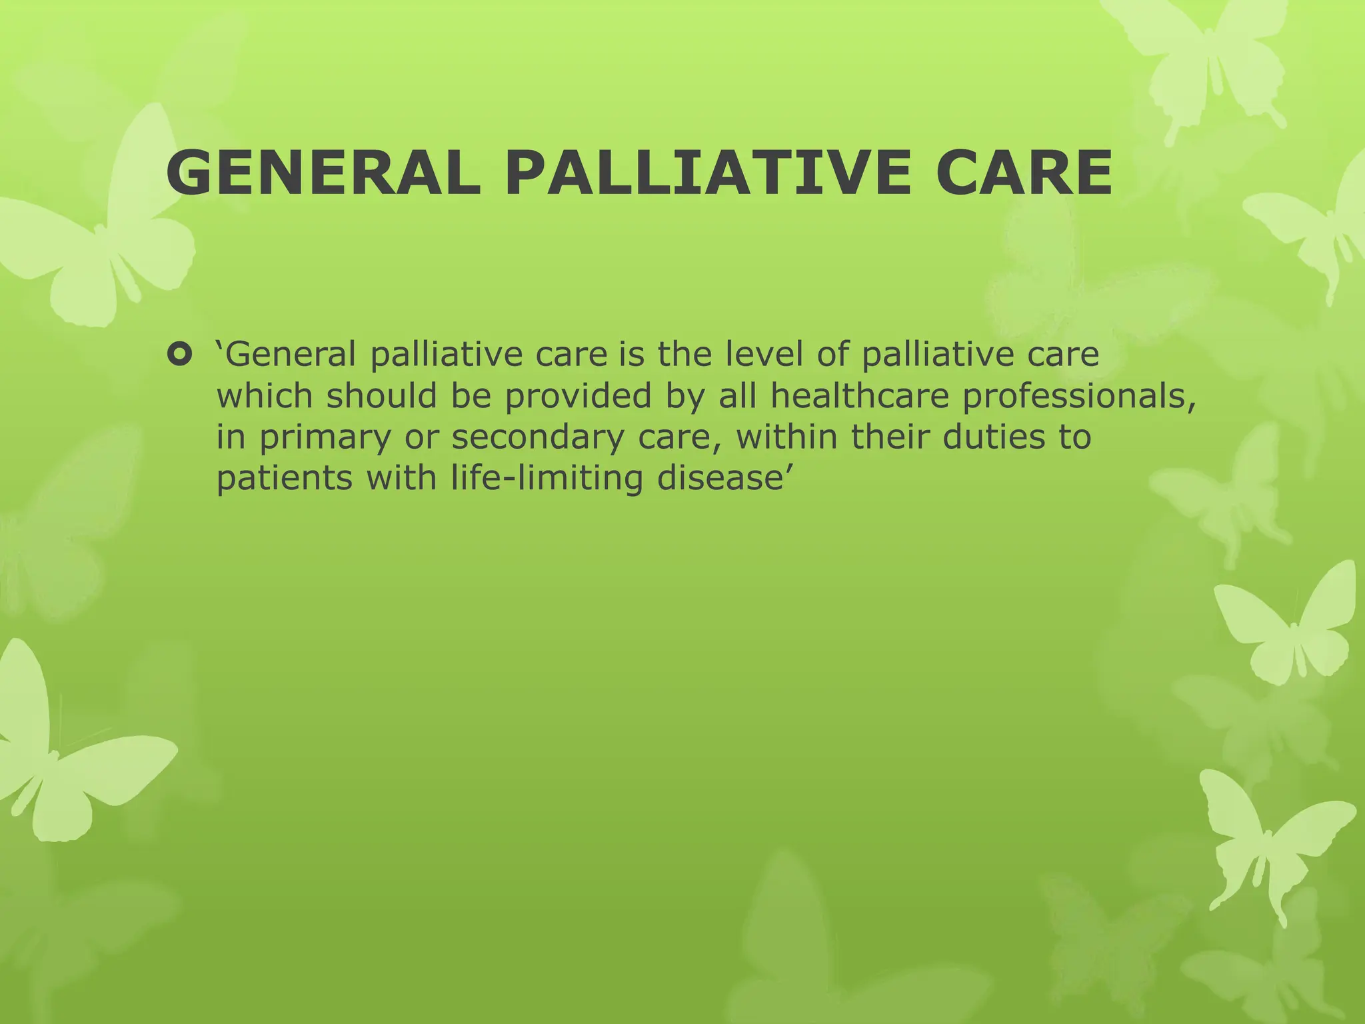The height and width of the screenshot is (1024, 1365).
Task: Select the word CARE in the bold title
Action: click(1023, 173)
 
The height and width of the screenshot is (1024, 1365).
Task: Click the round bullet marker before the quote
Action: click(179, 354)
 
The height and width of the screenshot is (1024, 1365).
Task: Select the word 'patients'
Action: click(285, 478)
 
